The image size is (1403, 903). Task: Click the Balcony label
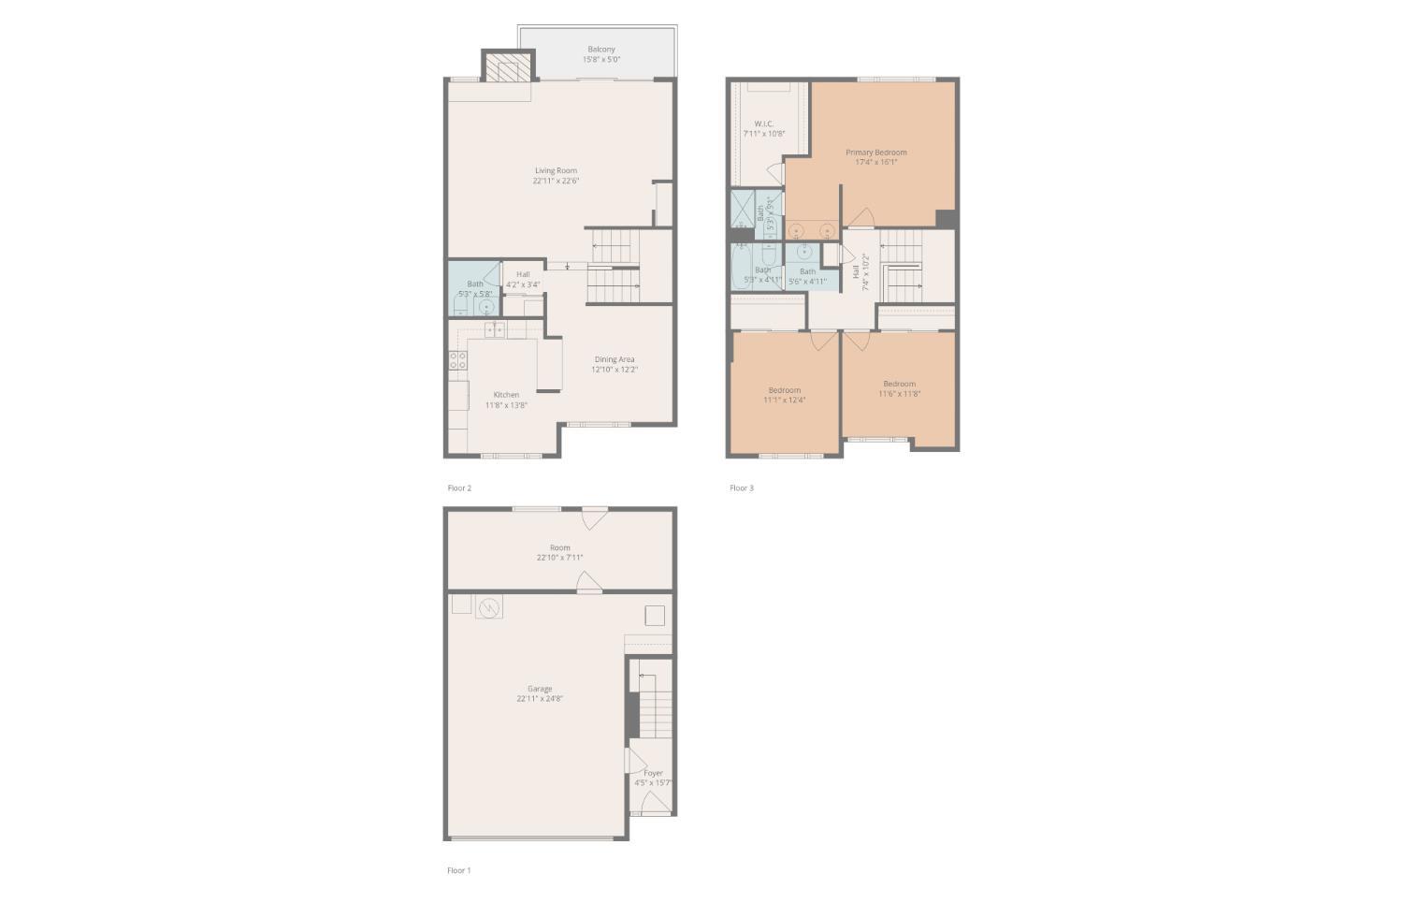click(x=601, y=50)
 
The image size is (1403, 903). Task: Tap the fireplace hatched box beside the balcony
click(x=508, y=67)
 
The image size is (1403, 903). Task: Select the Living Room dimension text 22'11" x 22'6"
click(x=556, y=181)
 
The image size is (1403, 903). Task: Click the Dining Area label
click(x=615, y=359)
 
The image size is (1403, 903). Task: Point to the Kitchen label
click(x=506, y=395)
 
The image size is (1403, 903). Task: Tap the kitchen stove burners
click(x=458, y=360)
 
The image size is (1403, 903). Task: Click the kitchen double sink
click(x=495, y=328)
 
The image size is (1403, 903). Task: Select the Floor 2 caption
click(x=459, y=488)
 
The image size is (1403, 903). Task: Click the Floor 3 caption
click(x=742, y=488)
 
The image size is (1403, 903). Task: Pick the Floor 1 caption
click(x=459, y=870)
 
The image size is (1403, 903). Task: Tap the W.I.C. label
click(x=764, y=124)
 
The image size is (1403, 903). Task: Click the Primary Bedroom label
click(x=876, y=153)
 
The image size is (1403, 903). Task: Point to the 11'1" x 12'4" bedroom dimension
click(x=785, y=400)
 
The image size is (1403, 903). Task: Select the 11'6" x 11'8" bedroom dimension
click(x=899, y=394)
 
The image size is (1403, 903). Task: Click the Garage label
click(x=540, y=689)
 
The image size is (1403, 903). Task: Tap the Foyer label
click(x=653, y=773)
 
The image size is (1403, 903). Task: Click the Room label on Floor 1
click(x=559, y=547)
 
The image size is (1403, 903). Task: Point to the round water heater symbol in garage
click(x=488, y=608)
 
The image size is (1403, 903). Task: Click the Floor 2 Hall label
click(x=523, y=274)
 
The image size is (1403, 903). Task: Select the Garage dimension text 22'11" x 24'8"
click(x=540, y=699)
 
